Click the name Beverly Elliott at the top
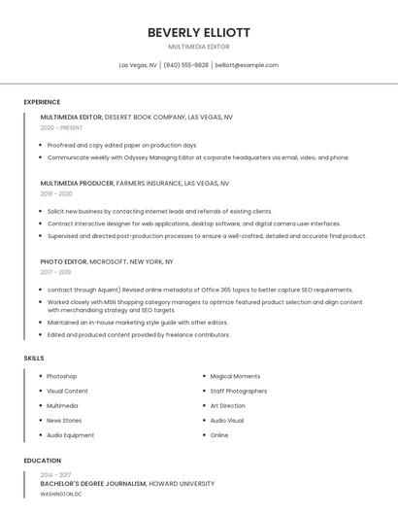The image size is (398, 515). [199, 32]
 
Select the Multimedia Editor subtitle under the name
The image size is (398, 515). [199, 47]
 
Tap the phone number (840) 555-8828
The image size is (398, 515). [185, 65]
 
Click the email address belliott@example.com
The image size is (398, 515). [247, 65]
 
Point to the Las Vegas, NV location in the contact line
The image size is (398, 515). [138, 65]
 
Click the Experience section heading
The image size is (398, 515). [42, 102]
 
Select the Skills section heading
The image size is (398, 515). [33, 358]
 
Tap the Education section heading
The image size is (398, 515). [42, 461]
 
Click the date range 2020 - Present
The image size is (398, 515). [61, 127]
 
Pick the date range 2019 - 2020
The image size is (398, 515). [56, 193]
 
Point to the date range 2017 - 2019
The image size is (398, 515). [56, 272]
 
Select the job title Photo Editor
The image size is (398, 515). [63, 261]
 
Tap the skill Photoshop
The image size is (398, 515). [61, 376]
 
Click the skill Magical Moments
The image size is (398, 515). [235, 376]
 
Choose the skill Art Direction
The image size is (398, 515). [227, 406]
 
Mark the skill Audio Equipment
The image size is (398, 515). [70, 435]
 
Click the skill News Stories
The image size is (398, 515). [64, 421]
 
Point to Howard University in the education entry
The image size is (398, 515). [182, 483]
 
